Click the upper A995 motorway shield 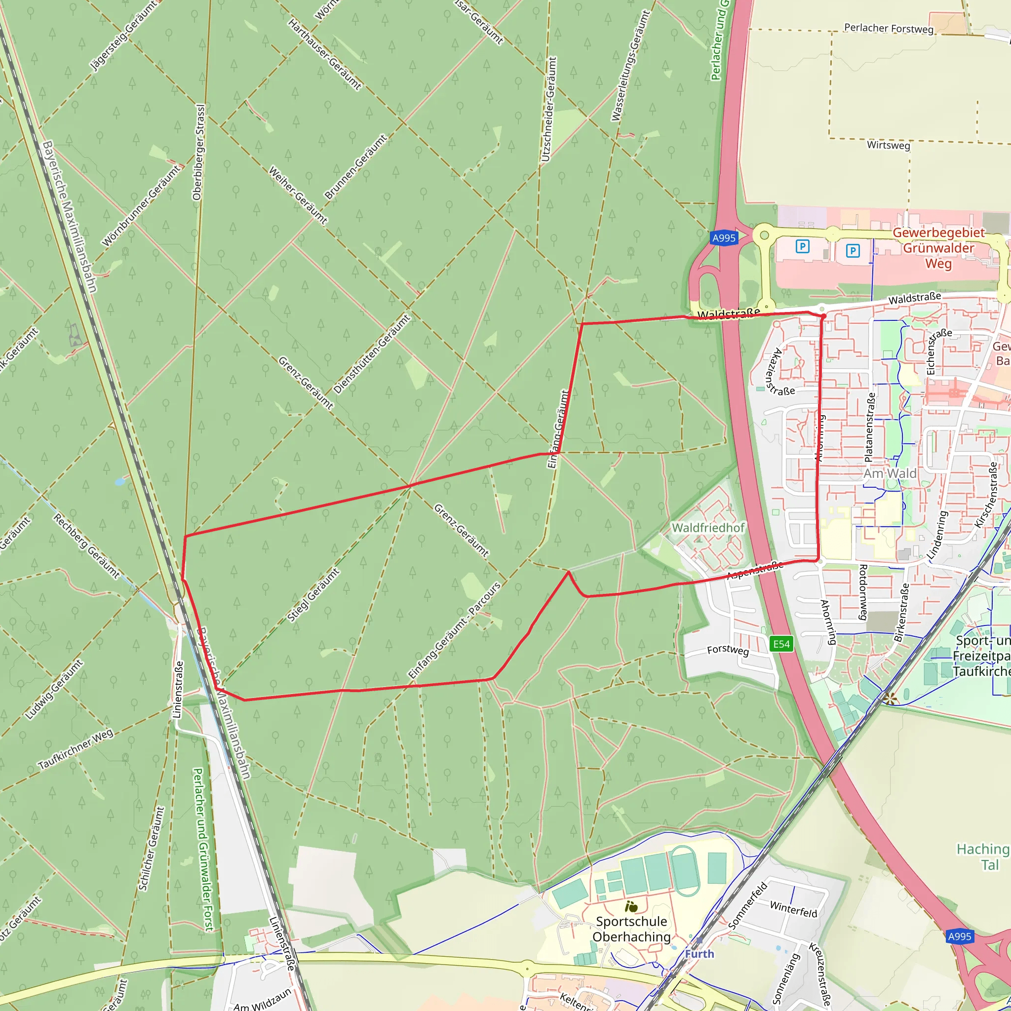[x=724, y=238]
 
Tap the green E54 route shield [x=781, y=644]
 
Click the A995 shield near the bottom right [x=959, y=936]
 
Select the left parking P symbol [x=802, y=246]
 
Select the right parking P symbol [x=853, y=251]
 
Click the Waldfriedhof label [x=708, y=528]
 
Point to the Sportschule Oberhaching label [x=631, y=929]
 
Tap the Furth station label [x=699, y=953]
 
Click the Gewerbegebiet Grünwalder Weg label [x=938, y=247]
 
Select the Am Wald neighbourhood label [x=890, y=473]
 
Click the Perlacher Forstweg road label [x=889, y=28]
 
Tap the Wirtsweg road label [x=888, y=145]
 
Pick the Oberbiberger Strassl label [x=199, y=152]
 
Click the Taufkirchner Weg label [x=76, y=749]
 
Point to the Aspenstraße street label [x=755, y=570]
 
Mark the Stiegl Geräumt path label [x=313, y=595]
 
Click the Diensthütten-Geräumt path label [x=372, y=354]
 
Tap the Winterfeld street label [x=793, y=909]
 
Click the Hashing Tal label [x=982, y=856]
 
